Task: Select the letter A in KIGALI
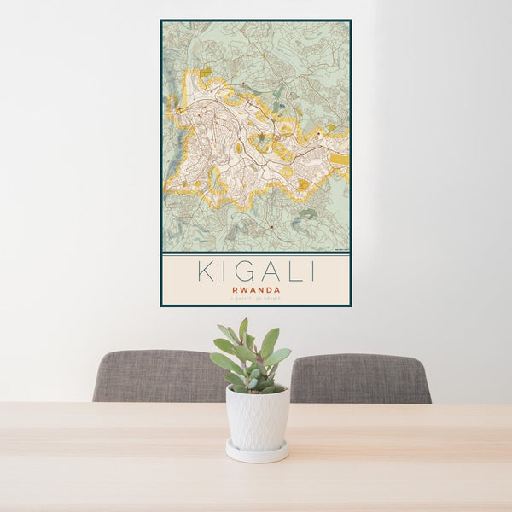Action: (x=265, y=271)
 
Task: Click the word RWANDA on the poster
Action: (x=256, y=289)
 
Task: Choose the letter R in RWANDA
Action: (x=233, y=289)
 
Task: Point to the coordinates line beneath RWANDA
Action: (x=256, y=299)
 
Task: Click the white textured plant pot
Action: (x=257, y=418)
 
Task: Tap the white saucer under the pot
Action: (x=257, y=451)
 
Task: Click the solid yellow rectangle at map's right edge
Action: (x=340, y=159)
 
